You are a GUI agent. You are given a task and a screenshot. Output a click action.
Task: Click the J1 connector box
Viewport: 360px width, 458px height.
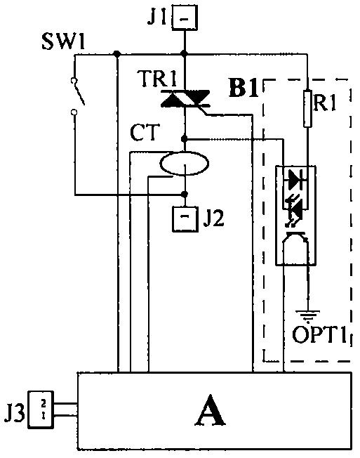click(185, 18)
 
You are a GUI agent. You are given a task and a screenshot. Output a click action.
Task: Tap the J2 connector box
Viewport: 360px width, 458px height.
click(185, 219)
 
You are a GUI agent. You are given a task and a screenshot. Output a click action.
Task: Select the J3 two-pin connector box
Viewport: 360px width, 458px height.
click(41, 410)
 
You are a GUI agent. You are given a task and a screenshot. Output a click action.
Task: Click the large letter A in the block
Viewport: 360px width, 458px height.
click(210, 410)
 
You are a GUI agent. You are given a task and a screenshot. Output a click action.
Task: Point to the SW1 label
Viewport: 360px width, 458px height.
click(63, 41)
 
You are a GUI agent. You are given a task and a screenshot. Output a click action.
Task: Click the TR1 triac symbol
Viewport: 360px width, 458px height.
click(185, 99)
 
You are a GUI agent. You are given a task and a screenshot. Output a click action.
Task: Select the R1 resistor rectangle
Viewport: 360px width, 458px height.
click(307, 108)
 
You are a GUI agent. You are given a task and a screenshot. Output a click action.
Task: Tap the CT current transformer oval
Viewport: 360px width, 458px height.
click(184, 163)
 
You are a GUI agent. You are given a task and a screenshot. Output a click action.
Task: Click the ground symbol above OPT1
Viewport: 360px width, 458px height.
click(307, 315)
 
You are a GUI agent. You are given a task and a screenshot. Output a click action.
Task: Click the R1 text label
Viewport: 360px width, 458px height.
click(324, 103)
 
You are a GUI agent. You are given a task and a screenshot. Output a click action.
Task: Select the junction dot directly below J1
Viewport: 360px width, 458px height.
click(184, 54)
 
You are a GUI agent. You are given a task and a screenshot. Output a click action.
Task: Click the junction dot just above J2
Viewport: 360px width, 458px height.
click(185, 194)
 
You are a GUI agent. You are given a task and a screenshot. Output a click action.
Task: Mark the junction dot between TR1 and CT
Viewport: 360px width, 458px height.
click(184, 138)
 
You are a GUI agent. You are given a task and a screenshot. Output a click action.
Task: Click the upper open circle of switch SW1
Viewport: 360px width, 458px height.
click(74, 81)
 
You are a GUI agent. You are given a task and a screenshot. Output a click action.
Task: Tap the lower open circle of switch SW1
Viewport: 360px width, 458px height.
click(74, 112)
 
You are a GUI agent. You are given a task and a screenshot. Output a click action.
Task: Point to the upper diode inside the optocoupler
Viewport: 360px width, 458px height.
click(296, 181)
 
